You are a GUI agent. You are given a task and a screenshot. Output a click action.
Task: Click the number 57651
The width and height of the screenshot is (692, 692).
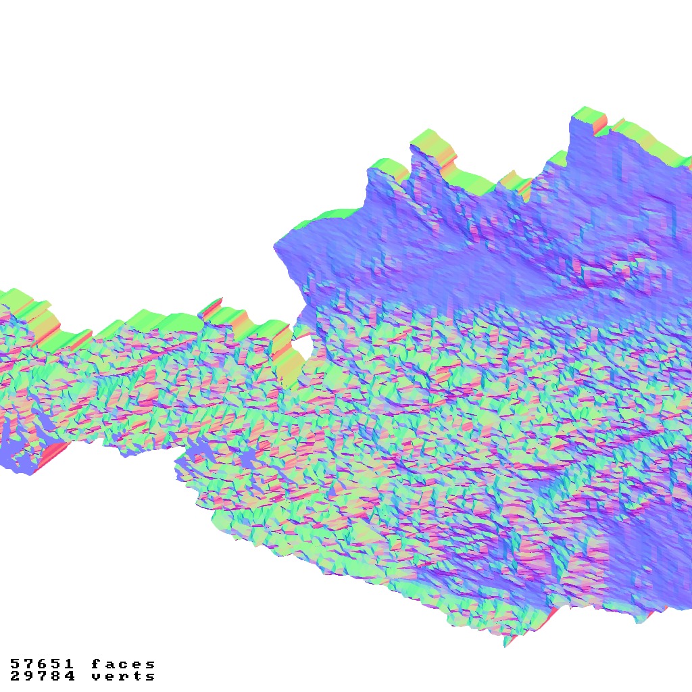click(43, 664)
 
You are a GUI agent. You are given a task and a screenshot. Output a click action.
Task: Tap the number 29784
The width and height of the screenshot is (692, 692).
click(43, 676)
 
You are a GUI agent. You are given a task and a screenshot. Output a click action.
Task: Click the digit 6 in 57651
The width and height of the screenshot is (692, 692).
click(43, 664)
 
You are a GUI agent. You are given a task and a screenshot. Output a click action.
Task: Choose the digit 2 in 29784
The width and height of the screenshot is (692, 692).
click(15, 676)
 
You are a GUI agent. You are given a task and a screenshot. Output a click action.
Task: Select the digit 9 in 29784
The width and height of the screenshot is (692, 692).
click(29, 676)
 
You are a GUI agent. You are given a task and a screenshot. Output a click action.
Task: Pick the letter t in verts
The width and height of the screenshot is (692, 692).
click(137, 676)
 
